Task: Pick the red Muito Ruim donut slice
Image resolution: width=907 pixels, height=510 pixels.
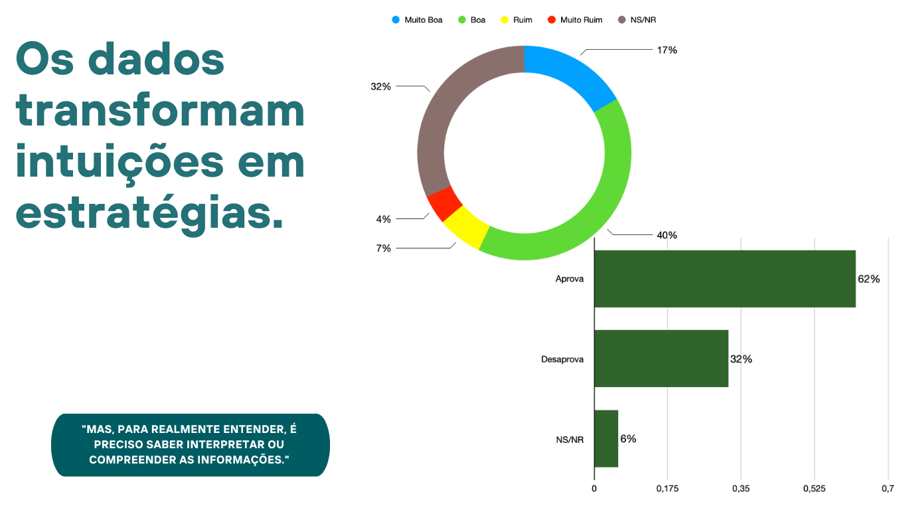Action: pyautogui.click(x=444, y=203)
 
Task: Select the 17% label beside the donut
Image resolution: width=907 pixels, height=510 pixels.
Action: pyautogui.click(x=667, y=50)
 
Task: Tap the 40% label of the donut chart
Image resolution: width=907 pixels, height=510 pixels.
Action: pyautogui.click(x=667, y=235)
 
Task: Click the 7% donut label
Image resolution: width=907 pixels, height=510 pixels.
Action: pyautogui.click(x=383, y=248)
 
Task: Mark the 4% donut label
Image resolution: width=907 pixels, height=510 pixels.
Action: pyautogui.click(x=383, y=219)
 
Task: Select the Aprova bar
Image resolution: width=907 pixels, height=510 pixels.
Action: pyautogui.click(x=724, y=279)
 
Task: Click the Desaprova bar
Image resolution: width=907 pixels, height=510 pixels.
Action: pyautogui.click(x=661, y=359)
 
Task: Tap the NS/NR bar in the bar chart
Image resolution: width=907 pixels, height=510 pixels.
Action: pyautogui.click(x=606, y=438)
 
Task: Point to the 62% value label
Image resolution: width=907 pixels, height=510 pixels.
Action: pyautogui.click(x=868, y=280)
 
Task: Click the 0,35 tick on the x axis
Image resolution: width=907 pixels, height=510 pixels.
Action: pyautogui.click(x=741, y=489)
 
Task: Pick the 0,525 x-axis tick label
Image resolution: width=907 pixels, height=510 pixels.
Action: pyautogui.click(x=814, y=489)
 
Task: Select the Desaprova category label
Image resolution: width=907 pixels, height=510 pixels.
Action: pyautogui.click(x=562, y=359)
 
